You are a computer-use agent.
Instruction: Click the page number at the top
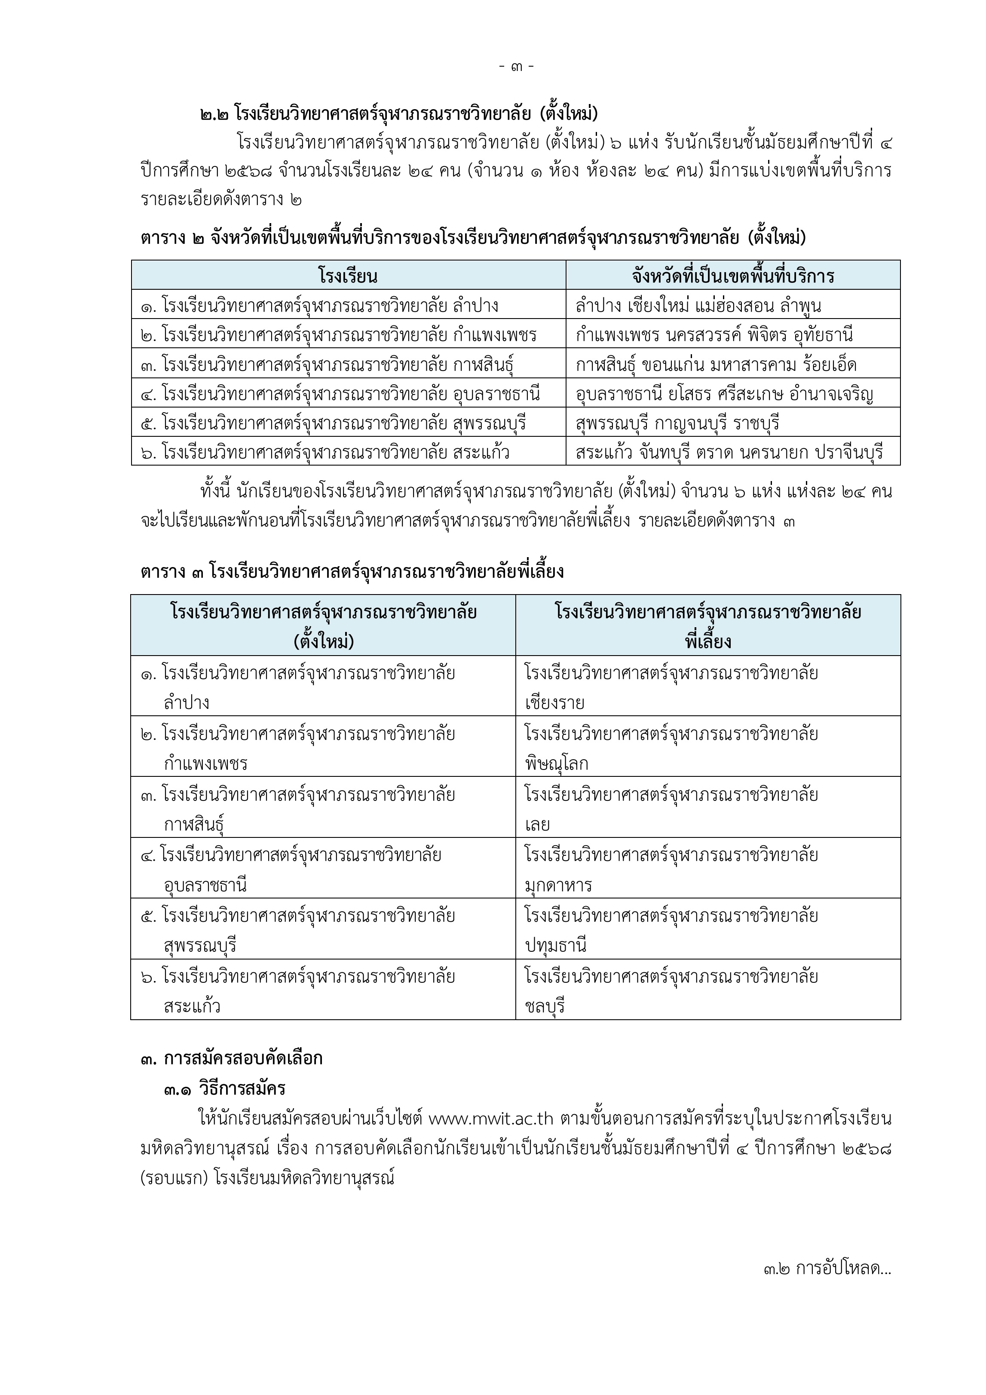click(x=516, y=66)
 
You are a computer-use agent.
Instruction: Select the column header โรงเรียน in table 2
click(x=348, y=276)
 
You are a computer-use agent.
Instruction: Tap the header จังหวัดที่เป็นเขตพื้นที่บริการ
click(x=733, y=276)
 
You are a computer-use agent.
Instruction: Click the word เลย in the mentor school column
click(x=537, y=825)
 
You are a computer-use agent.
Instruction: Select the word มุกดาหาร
click(x=558, y=885)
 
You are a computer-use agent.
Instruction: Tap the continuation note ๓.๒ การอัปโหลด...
click(x=827, y=1269)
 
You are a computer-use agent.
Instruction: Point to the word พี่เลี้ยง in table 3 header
click(x=708, y=641)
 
